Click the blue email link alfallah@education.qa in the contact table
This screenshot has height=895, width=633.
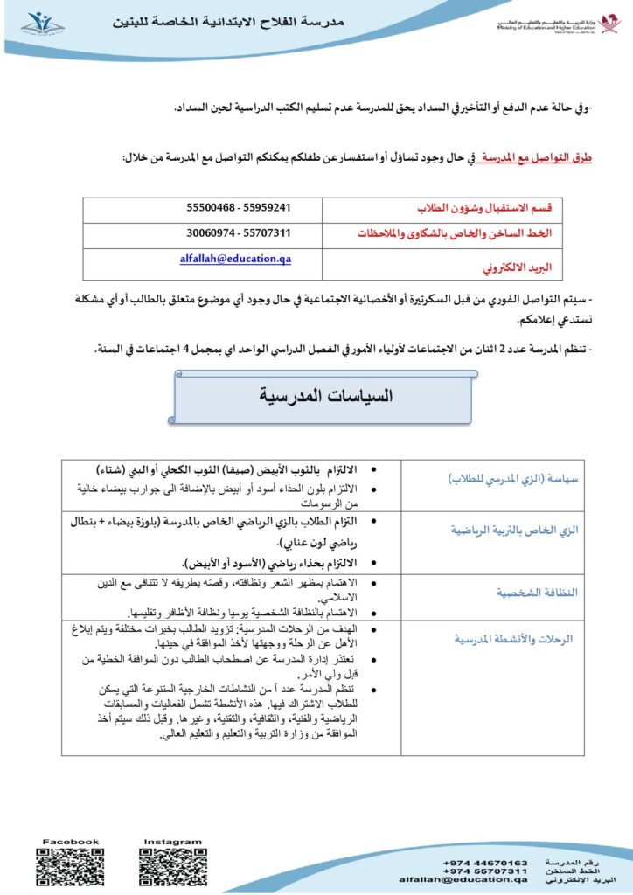(236, 259)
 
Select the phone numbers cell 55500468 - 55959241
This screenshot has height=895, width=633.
(239, 208)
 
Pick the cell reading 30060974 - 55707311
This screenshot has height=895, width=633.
(239, 233)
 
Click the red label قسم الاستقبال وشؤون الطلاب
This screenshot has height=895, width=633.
(489, 209)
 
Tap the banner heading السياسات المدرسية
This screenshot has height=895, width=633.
(326, 396)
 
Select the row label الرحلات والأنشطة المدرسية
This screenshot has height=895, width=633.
(513, 639)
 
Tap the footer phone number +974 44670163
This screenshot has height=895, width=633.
(485, 862)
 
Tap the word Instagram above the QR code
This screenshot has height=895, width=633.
(173, 843)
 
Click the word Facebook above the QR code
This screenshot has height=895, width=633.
(71, 842)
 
